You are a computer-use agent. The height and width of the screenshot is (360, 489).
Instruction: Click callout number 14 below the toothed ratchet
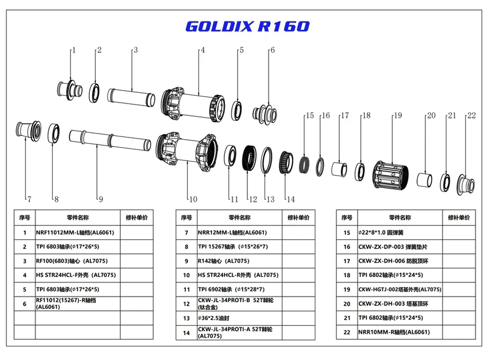(290, 199)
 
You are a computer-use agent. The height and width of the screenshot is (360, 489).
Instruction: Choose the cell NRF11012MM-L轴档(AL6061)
(77, 233)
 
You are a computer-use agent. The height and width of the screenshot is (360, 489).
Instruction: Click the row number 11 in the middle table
(186, 290)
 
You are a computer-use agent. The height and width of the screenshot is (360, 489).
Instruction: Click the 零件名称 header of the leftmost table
(77, 218)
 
